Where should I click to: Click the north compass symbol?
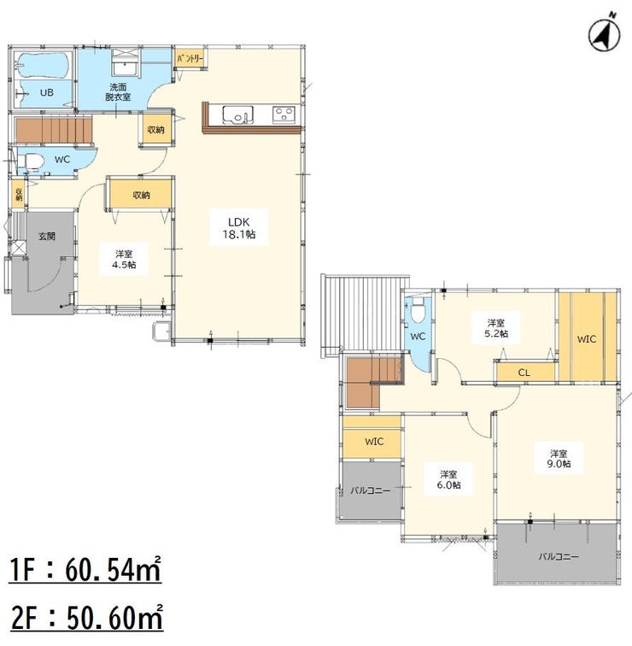click(x=604, y=34)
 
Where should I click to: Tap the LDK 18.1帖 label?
click(x=239, y=228)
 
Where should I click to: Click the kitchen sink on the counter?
click(x=237, y=115)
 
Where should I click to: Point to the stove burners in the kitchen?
click(x=284, y=115)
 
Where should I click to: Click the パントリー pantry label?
click(x=190, y=58)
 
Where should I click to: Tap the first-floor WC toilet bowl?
click(x=31, y=161)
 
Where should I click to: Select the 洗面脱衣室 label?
click(x=118, y=92)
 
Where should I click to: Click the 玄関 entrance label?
click(x=47, y=237)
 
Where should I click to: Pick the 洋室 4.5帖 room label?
click(x=124, y=260)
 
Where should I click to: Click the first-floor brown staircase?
click(x=53, y=129)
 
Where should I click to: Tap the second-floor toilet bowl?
click(x=418, y=311)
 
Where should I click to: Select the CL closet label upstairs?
click(x=524, y=373)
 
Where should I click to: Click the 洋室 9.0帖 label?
click(x=559, y=459)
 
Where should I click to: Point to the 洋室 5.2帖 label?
click(x=495, y=328)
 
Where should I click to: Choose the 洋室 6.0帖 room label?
click(x=448, y=479)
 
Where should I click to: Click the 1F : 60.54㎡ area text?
click(x=85, y=570)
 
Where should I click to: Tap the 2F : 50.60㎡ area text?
click(x=86, y=617)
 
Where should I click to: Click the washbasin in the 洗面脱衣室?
click(x=125, y=68)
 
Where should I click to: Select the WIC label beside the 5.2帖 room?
click(x=587, y=339)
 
